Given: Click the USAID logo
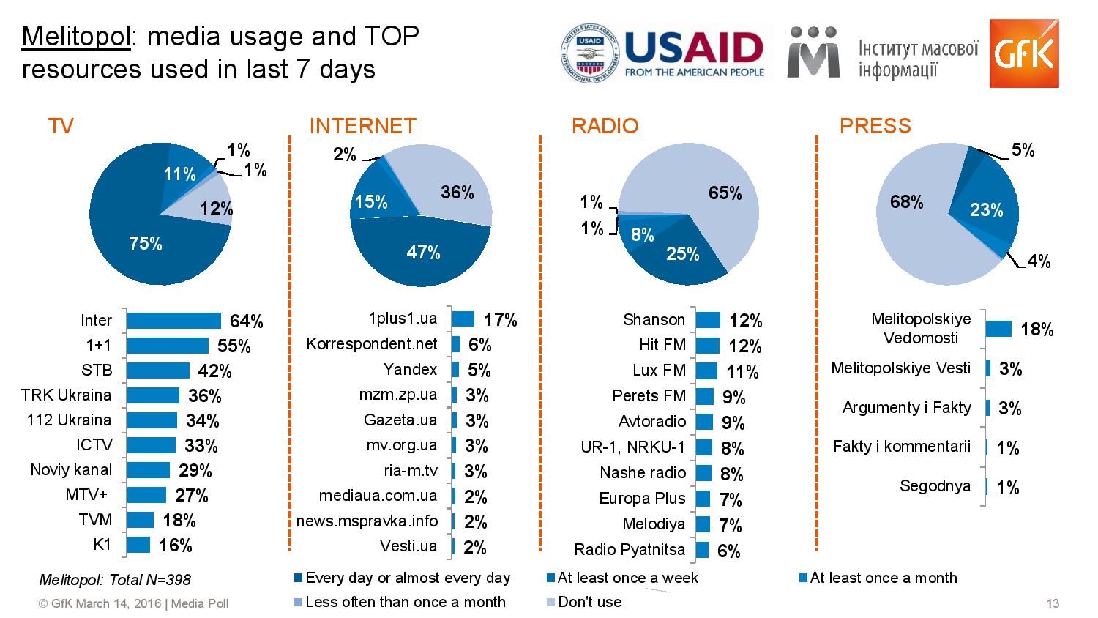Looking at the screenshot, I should point(663,53).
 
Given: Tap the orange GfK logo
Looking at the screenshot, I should point(1023,53).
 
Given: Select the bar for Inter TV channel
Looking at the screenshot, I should point(173,321).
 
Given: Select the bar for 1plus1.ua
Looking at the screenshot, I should point(463,319).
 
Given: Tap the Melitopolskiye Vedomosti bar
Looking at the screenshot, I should point(998,329).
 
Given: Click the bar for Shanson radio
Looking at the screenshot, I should point(707,320).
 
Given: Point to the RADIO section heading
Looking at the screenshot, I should point(605,126).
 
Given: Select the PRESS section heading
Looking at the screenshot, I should point(875,126).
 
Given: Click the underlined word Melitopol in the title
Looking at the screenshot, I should point(76,36).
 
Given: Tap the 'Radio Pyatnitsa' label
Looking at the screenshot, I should point(630,550).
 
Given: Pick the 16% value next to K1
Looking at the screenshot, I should point(176,546).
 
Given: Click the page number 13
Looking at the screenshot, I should point(1053,603).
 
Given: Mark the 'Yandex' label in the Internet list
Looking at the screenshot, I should point(410,370).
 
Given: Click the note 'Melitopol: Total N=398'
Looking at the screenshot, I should point(115,580).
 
